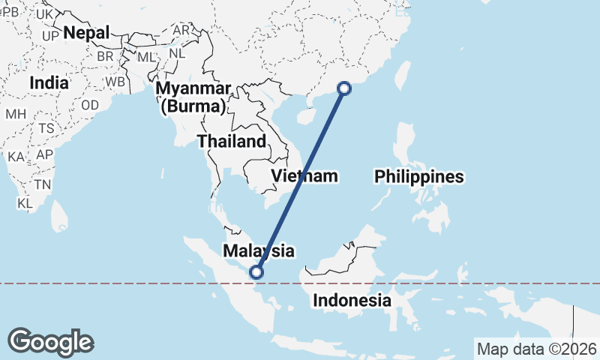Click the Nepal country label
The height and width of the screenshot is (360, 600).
(86, 32)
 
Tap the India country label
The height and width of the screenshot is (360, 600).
(49, 82)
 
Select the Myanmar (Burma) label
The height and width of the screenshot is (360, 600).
(192, 97)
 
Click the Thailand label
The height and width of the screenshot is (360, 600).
(231, 141)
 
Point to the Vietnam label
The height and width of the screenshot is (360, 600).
(304, 176)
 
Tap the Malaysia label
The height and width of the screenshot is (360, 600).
(258, 250)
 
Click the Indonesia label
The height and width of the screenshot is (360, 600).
(352, 301)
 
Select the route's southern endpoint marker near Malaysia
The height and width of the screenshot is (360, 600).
(257, 272)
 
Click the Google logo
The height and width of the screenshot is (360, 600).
(50, 342)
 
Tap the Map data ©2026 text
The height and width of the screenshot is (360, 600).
(536, 349)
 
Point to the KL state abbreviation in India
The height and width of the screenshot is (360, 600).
(25, 203)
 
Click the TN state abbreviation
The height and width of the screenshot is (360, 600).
(42, 184)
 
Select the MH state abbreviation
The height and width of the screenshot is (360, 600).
(16, 114)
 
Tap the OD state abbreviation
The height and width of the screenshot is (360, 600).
(90, 105)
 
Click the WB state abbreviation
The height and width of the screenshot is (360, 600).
(115, 81)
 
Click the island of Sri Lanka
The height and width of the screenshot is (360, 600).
(61, 217)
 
